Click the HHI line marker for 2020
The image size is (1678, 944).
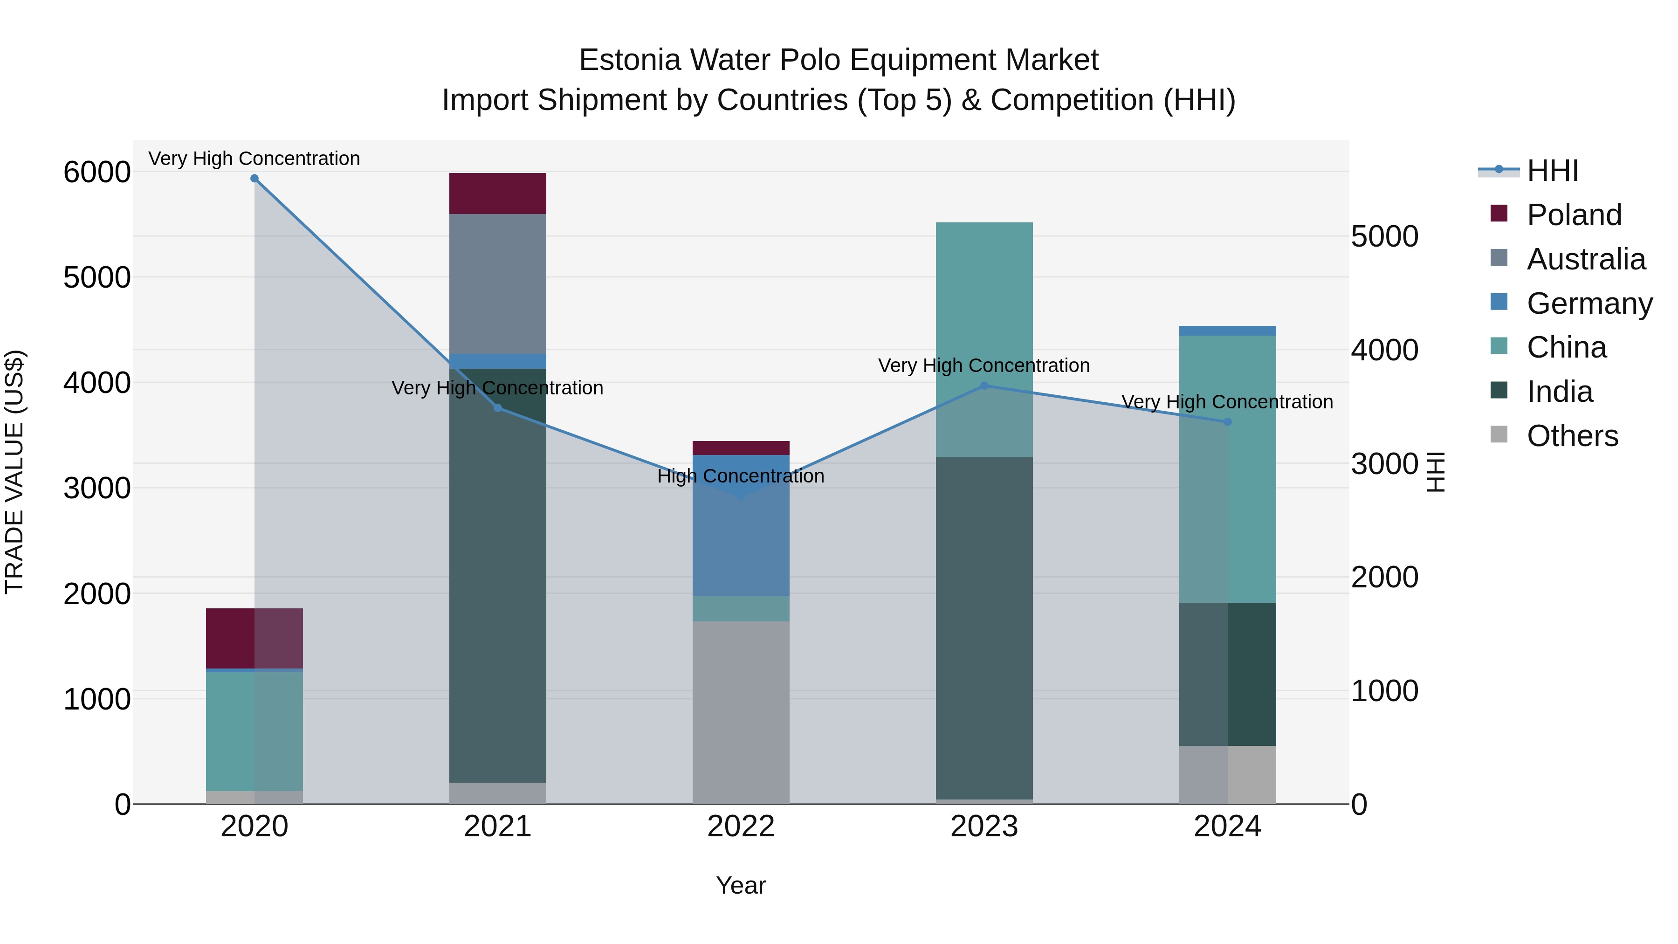254,179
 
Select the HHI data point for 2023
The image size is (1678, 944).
984,386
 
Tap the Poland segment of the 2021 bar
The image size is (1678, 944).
498,193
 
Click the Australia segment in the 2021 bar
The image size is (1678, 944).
498,283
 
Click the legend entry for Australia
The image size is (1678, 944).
1586,259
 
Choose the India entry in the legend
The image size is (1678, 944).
1560,392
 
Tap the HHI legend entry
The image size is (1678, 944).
1552,171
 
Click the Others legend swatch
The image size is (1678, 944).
1499,434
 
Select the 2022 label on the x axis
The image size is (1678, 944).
741,827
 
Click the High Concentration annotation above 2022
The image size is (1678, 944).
741,476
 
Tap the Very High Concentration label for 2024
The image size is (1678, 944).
1227,402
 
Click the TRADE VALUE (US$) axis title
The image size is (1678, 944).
14,472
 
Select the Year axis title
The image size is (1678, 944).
741,885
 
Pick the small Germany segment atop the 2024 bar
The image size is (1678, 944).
1227,331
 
